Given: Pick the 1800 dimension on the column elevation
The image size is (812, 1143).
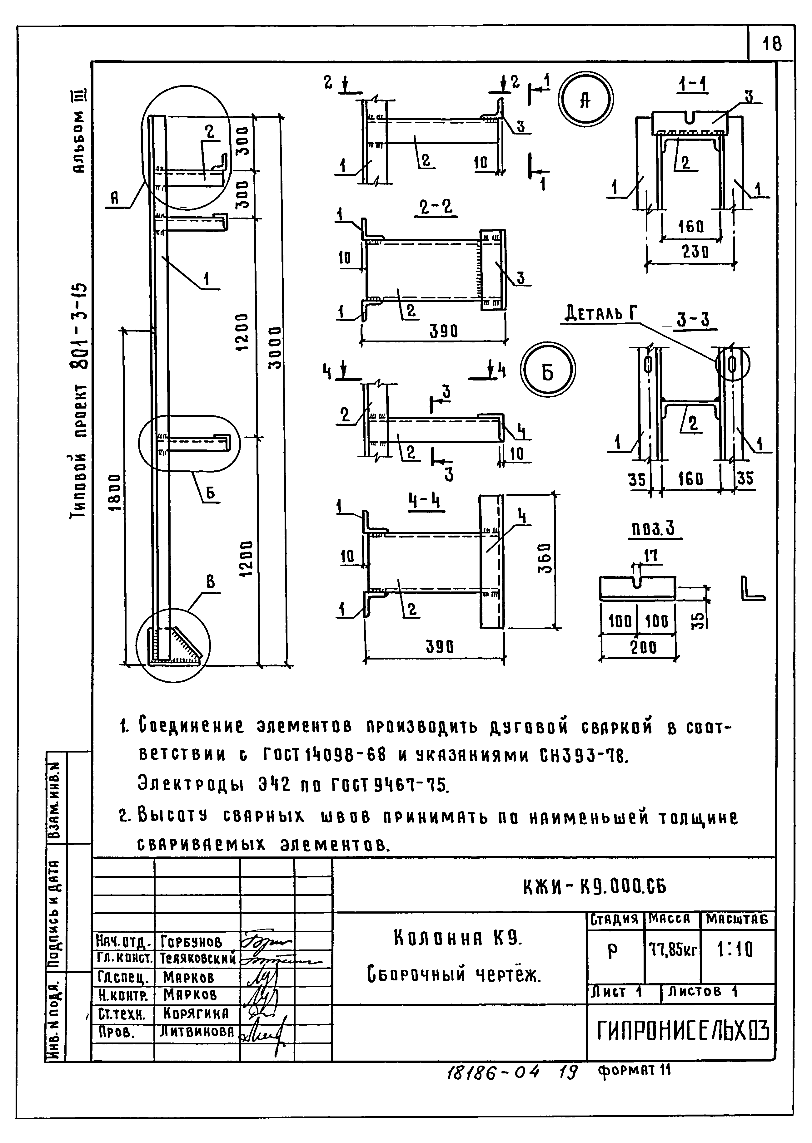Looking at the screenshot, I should pos(114,492).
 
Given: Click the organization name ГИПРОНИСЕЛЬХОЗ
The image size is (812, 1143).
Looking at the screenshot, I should pos(683,1031).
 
